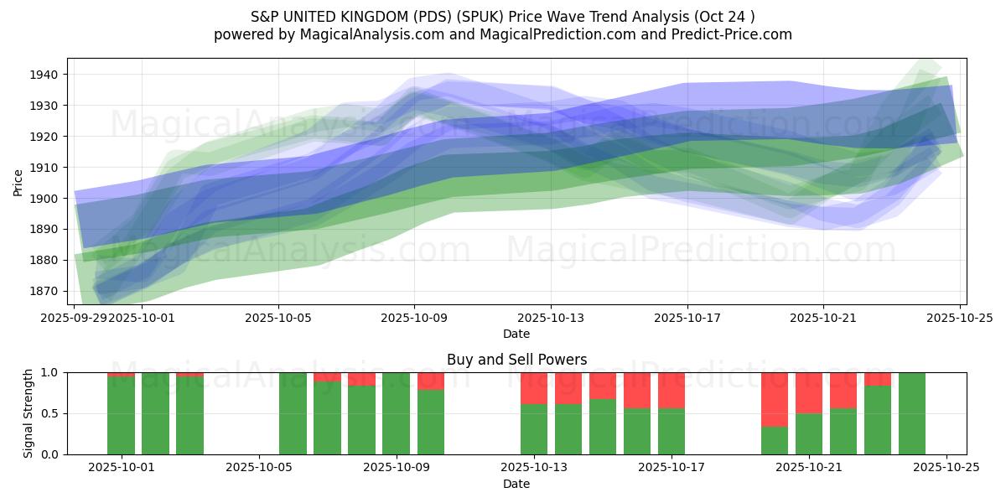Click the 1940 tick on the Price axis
click(45, 75)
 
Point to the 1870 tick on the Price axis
click(45, 291)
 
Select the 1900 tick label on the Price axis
click(45, 199)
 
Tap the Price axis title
click(18, 181)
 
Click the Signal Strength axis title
click(28, 413)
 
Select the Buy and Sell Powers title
click(516, 360)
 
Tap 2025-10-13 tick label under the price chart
click(551, 318)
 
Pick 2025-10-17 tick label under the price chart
click(687, 318)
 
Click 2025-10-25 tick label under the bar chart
click(946, 468)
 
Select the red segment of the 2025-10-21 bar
click(809, 392)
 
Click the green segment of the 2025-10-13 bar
click(534, 429)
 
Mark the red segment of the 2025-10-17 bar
click(672, 390)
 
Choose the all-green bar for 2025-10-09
click(397, 413)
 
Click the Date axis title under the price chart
click(516, 334)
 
